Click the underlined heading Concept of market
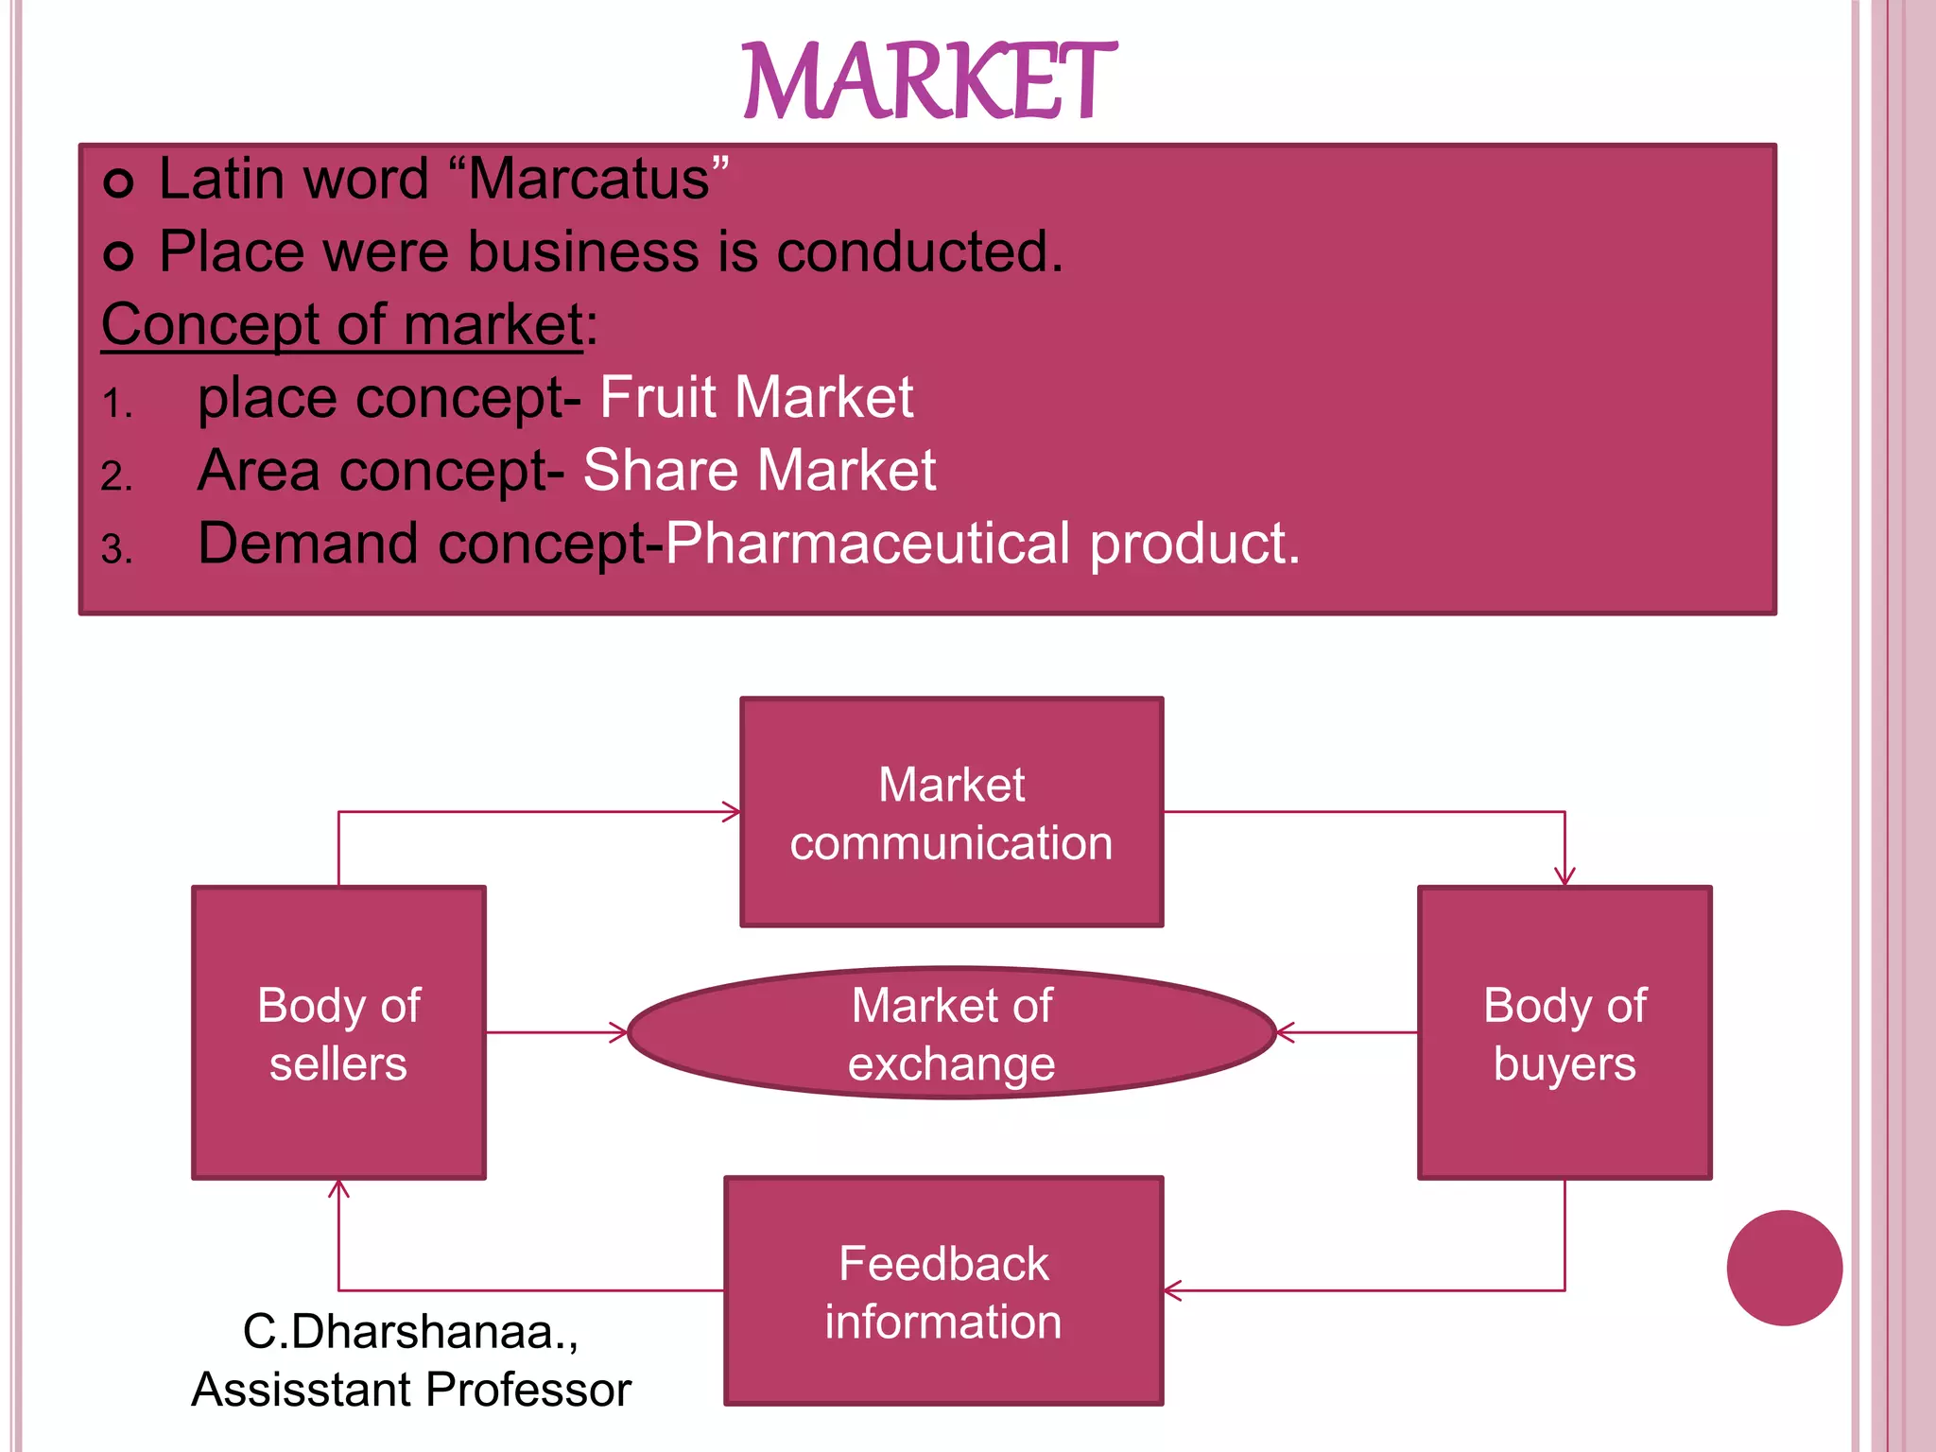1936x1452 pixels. tap(341, 324)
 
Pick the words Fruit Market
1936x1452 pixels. tap(756, 397)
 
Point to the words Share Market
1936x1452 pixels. tap(759, 470)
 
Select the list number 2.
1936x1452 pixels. tap(115, 475)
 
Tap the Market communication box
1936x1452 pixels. tap(951, 812)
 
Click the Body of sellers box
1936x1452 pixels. tap(338, 1032)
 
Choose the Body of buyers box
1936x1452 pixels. tap(1564, 1032)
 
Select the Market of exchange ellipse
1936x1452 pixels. tap(951, 1032)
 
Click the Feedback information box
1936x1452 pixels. tap(943, 1290)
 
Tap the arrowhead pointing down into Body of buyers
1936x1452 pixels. tap(1564, 877)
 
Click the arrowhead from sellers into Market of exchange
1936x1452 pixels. tap(619, 1032)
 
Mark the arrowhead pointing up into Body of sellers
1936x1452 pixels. tap(338, 1189)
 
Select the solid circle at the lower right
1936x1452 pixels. tap(1784, 1268)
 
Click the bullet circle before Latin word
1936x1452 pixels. tap(118, 181)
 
